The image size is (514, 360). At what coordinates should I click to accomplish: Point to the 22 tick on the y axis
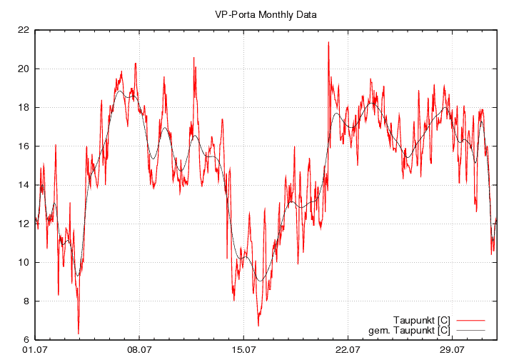click(23, 30)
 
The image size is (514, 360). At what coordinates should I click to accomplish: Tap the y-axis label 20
click(23, 69)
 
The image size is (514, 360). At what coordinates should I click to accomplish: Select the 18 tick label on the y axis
click(23, 107)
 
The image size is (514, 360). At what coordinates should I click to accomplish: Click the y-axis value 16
click(23, 146)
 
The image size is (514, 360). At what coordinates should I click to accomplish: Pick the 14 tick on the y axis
click(23, 185)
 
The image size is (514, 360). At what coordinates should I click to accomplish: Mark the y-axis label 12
click(23, 224)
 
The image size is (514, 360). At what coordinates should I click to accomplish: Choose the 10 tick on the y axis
click(23, 262)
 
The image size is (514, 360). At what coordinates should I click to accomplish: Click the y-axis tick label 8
click(25, 301)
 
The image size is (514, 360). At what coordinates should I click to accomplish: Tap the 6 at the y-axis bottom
click(25, 339)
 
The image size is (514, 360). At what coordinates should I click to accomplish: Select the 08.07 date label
click(138, 350)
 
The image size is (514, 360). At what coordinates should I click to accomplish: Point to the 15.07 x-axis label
click(243, 350)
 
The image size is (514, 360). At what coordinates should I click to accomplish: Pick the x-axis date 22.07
click(348, 350)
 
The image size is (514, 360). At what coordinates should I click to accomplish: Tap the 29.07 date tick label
click(452, 350)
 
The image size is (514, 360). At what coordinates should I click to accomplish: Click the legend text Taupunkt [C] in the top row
click(422, 319)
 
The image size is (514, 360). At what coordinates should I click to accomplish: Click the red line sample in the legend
click(470, 319)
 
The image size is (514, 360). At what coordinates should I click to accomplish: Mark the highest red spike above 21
click(328, 43)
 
